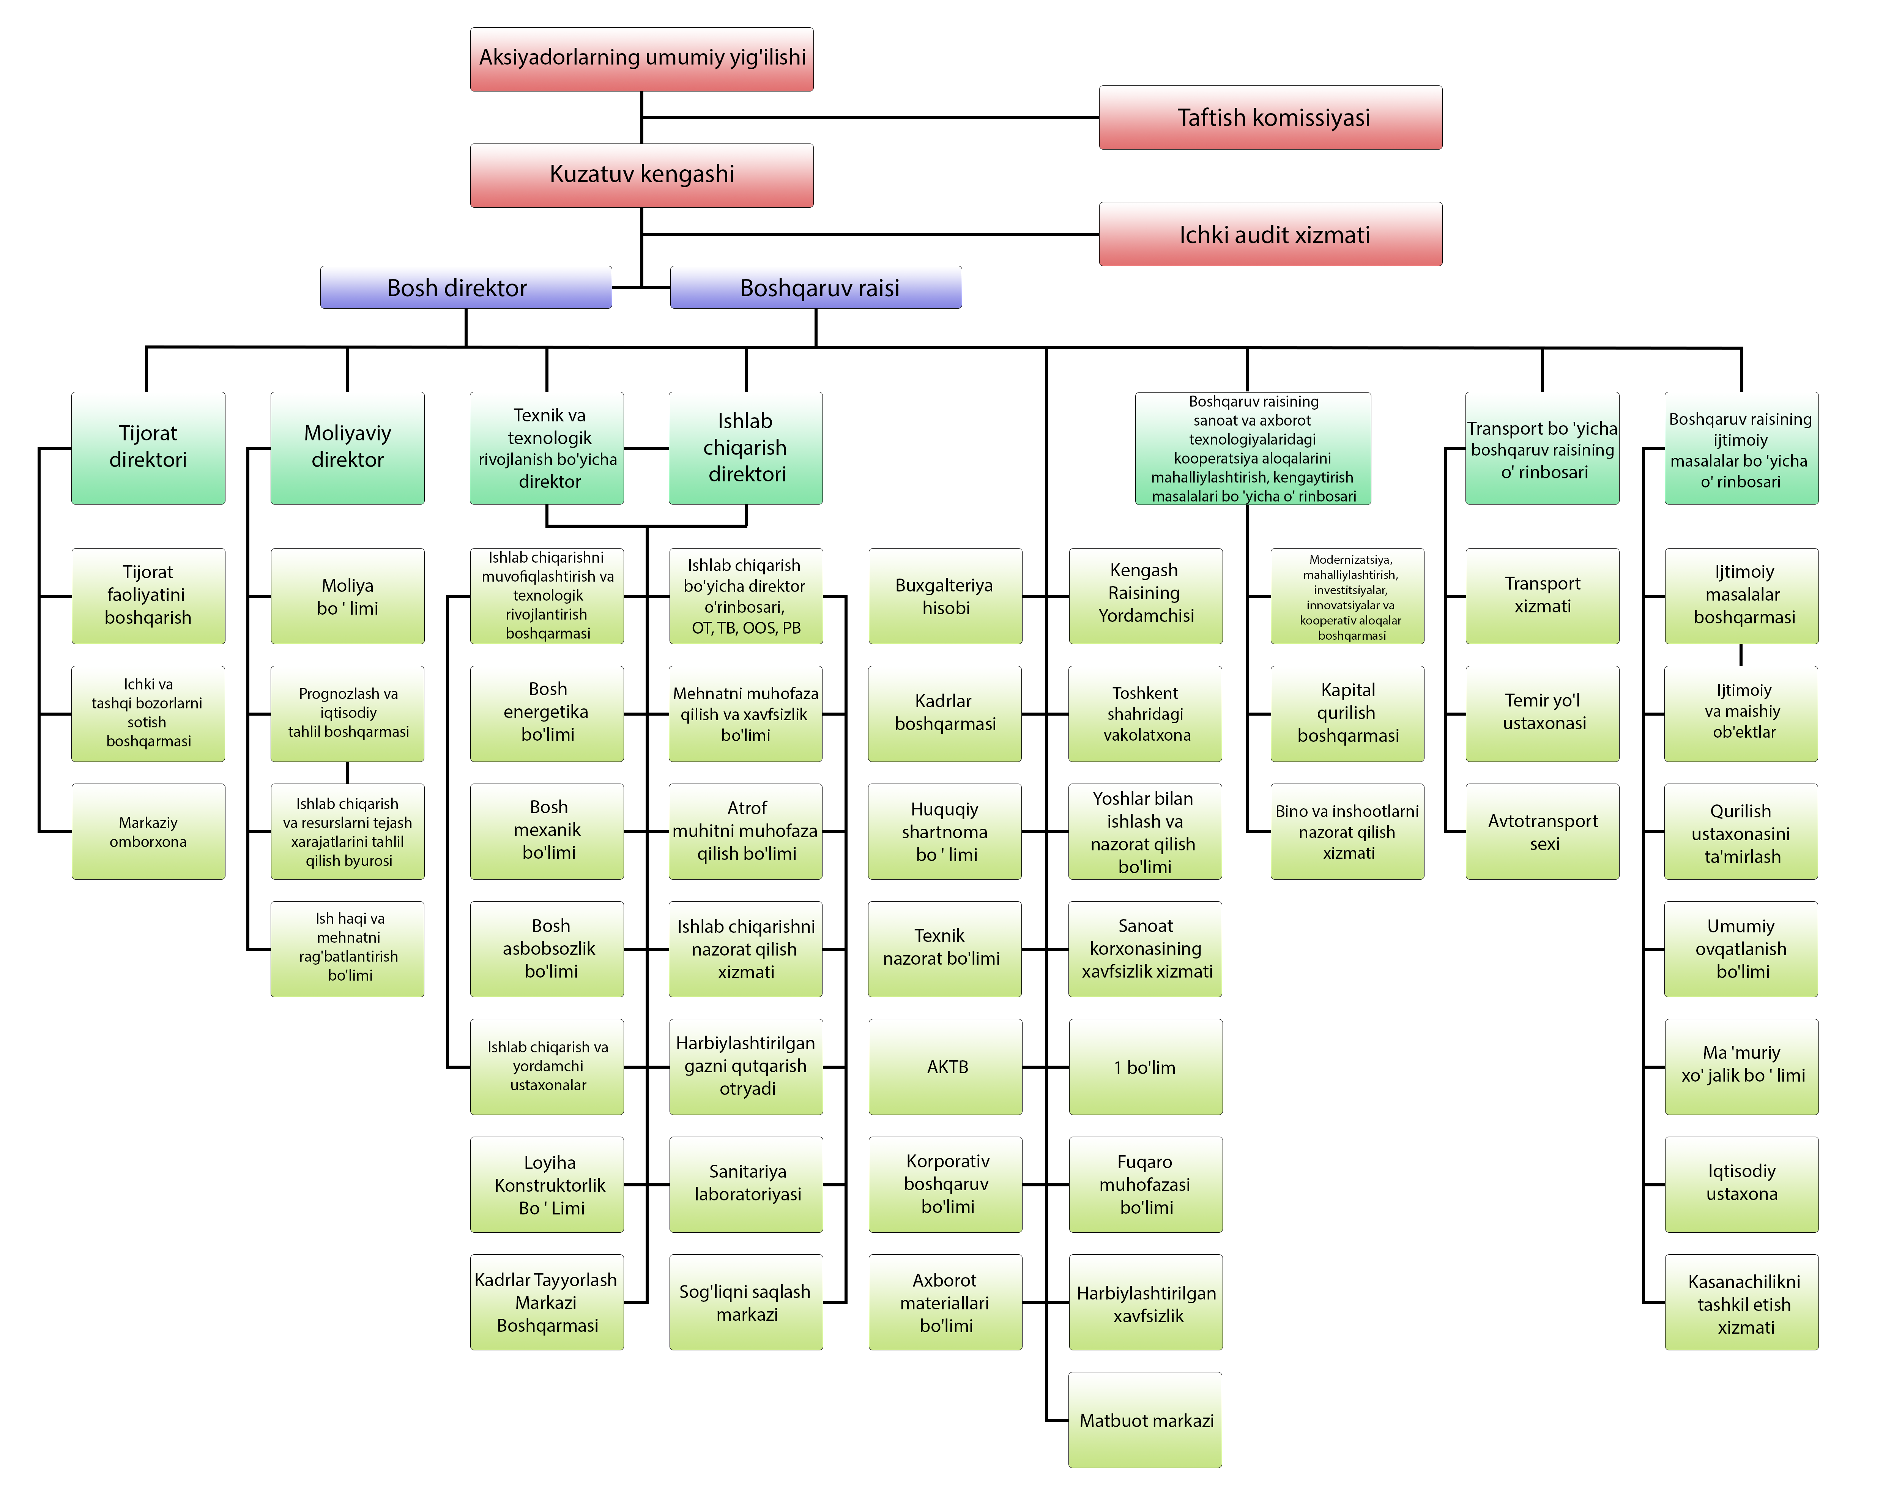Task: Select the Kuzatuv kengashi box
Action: pos(642,175)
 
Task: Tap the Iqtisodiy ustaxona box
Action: pos(1741,1184)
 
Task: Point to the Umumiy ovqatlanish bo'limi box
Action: pos(1741,949)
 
